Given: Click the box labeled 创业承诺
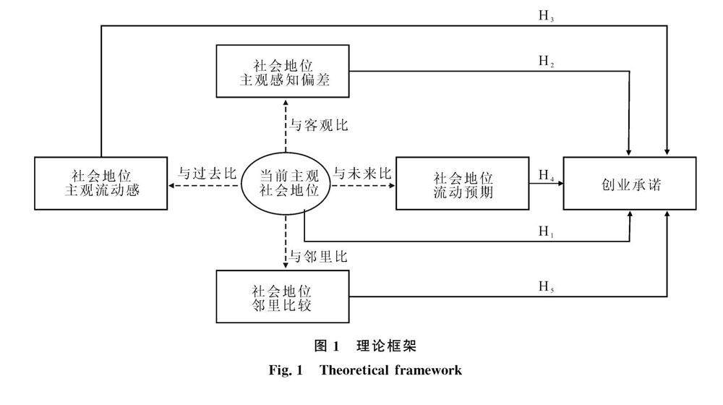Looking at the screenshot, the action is tap(630, 183).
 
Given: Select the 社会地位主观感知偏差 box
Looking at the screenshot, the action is tap(283, 71).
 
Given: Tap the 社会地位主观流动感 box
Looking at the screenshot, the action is tap(101, 183).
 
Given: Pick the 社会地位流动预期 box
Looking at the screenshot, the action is tap(463, 183).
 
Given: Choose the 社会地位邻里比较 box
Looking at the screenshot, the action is tap(283, 296).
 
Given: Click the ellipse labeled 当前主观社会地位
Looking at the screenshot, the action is tap(286, 184).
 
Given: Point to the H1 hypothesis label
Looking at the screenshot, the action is tap(546, 231).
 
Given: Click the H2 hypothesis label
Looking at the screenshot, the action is tap(546, 61).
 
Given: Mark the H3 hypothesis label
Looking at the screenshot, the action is tap(546, 16).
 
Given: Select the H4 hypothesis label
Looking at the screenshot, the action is tap(546, 175).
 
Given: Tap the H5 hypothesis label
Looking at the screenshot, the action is tap(546, 286).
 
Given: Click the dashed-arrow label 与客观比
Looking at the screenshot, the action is tap(319, 125).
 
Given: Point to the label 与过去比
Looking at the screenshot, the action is tap(208, 174).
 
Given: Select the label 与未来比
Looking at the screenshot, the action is tap(362, 174).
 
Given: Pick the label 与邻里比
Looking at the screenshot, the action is tap(318, 257).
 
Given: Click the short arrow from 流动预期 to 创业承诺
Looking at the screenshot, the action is tap(546, 184).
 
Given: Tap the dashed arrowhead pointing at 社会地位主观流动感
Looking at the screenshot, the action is tap(171, 186).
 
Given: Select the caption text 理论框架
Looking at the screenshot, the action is tap(386, 346).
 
